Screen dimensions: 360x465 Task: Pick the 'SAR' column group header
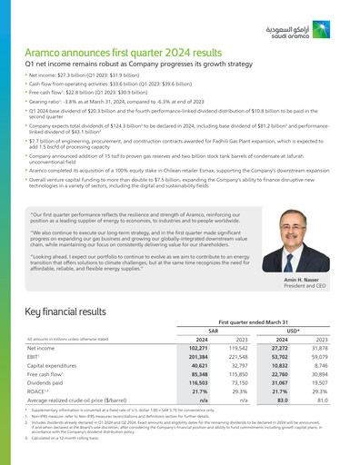tap(213, 331)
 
